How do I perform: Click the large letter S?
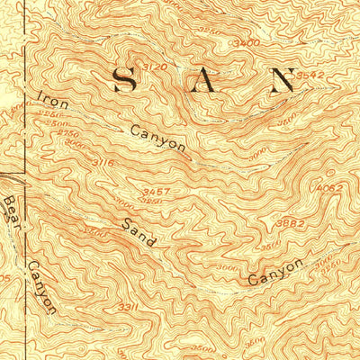click(126, 81)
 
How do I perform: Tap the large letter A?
click(206, 82)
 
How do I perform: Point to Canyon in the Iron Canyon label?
click(157, 137)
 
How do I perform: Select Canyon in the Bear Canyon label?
click(40, 286)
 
